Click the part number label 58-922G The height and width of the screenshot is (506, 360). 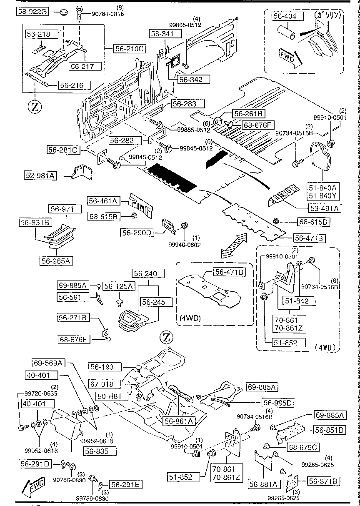32,13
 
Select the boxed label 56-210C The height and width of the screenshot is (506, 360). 129,49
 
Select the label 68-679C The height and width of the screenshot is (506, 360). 302,448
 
